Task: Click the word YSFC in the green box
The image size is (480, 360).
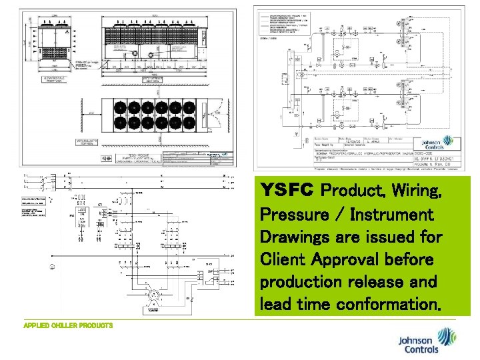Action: [x=285, y=191]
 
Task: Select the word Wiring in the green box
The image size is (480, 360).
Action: [x=413, y=191]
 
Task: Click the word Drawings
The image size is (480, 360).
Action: [x=290, y=237]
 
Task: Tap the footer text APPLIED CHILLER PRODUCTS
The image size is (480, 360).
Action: [x=68, y=325]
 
